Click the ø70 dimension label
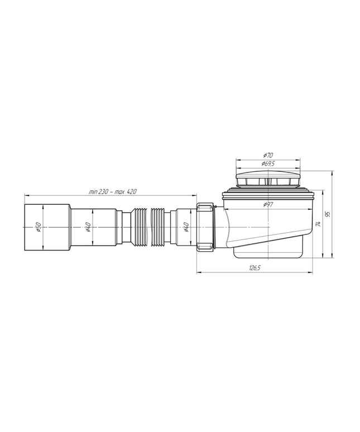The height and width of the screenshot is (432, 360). [268, 156]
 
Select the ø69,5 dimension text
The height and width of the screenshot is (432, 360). [268, 164]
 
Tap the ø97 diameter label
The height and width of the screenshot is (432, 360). [268, 204]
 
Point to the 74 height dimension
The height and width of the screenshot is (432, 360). [319, 224]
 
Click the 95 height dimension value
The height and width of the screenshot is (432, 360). [328, 214]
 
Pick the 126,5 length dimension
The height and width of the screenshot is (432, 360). [255, 268]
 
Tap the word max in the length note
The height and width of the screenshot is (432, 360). [120, 192]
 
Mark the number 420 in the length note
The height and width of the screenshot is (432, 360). [132, 192]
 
